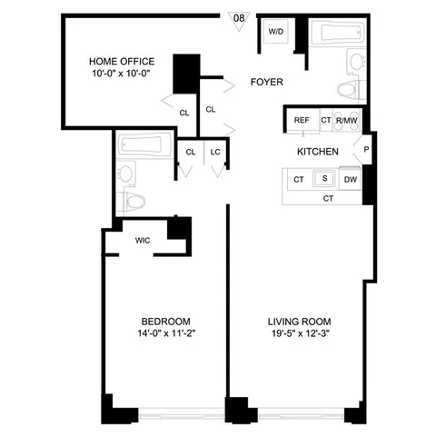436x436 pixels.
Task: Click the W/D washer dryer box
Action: tap(275, 33)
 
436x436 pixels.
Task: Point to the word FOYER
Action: tap(267, 82)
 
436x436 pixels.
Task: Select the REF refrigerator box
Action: tap(302, 120)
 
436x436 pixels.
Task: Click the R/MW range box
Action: tap(345, 120)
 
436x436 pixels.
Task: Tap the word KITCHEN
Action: tap(318, 152)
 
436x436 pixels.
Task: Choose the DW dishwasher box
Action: tap(350, 181)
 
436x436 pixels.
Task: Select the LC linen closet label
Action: tap(216, 152)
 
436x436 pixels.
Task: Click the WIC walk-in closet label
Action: tap(143, 241)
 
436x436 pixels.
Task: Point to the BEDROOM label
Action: tap(165, 322)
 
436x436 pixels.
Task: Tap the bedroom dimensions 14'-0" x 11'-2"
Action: tap(165, 334)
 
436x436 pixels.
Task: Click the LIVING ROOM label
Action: tap(299, 322)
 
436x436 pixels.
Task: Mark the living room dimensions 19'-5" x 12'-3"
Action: tap(299, 334)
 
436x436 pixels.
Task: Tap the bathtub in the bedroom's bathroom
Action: tap(144, 144)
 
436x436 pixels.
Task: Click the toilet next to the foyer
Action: tap(349, 89)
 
